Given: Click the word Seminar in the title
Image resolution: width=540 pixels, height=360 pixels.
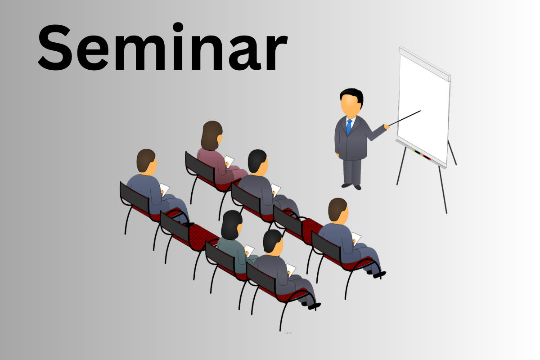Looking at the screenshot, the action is pyautogui.click(x=163, y=46).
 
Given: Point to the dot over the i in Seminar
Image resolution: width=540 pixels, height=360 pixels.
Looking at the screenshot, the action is pyautogui.click(x=178, y=27).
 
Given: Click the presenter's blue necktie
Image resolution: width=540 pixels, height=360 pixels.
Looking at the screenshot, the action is pyautogui.click(x=349, y=127).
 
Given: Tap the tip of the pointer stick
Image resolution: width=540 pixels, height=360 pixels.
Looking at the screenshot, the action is pyautogui.click(x=420, y=111).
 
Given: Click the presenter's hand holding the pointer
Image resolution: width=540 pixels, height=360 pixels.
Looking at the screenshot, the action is pyautogui.click(x=387, y=126).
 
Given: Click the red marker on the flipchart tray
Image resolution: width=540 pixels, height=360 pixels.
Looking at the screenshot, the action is pyautogui.click(x=427, y=157).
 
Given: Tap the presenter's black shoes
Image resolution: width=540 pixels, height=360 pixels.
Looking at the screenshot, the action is pyautogui.click(x=351, y=186).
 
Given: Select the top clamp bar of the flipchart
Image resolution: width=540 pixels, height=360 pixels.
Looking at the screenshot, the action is pyautogui.click(x=425, y=64).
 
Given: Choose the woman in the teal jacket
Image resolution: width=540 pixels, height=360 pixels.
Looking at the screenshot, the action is pyautogui.click(x=235, y=242).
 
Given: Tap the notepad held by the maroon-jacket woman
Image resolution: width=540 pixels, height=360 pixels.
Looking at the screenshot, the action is pyautogui.click(x=229, y=161).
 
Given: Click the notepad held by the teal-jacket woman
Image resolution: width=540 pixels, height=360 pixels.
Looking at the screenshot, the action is pyautogui.click(x=249, y=251).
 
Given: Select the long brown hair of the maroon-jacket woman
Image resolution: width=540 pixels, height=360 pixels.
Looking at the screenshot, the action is pyautogui.click(x=211, y=135).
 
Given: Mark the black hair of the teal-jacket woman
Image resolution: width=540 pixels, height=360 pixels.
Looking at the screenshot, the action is pyautogui.click(x=231, y=225).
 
